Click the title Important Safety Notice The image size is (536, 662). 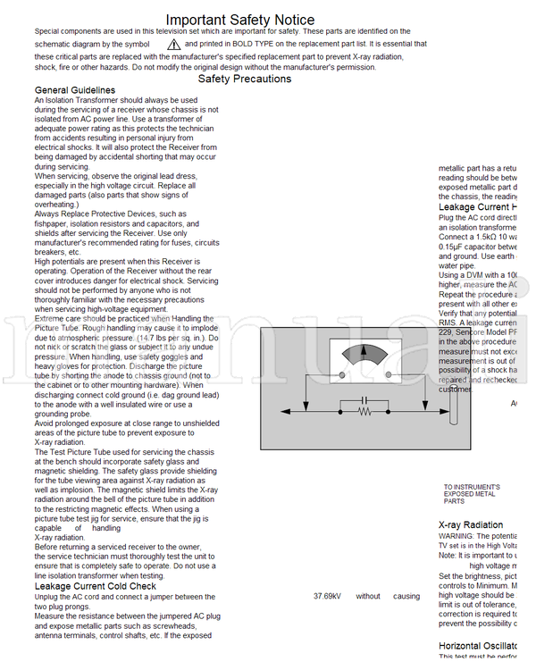click(239, 20)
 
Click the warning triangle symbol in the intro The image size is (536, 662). click(173, 43)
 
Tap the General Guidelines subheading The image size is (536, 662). click(74, 90)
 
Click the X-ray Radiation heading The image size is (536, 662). click(471, 524)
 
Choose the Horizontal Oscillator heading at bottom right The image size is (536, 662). click(478, 645)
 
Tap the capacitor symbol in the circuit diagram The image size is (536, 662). click(364, 400)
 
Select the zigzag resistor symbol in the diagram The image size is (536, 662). click(364, 412)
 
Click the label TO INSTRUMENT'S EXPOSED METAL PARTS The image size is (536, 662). click(471, 494)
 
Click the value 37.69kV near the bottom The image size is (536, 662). click(327, 596)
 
